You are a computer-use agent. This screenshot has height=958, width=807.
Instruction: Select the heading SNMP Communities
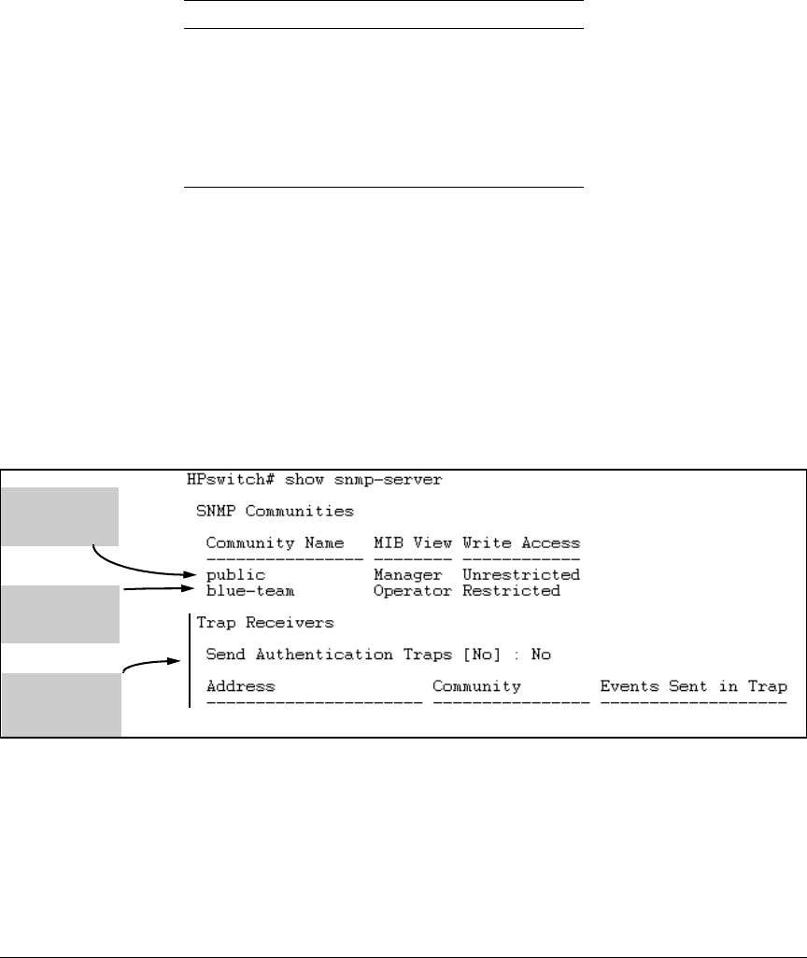click(x=261, y=511)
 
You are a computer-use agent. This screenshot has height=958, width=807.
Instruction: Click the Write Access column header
click(x=520, y=542)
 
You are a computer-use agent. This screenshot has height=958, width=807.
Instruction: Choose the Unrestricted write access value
click(x=520, y=574)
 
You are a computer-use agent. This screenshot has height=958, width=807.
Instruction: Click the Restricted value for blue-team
click(x=511, y=590)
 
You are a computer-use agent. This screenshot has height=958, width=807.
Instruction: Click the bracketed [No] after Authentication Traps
click(x=481, y=655)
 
